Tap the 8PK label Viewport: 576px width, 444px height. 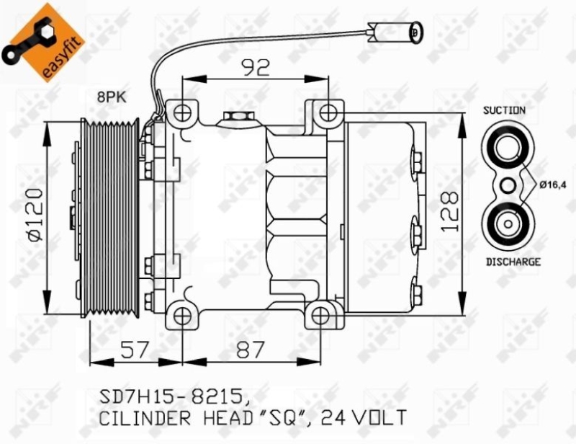click(x=111, y=95)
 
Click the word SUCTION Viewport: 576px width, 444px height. click(x=504, y=110)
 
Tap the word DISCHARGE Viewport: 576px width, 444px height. click(x=512, y=262)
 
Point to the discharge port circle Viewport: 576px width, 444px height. click(x=508, y=223)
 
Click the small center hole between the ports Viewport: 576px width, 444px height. click(x=508, y=185)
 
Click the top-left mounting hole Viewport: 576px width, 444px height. click(x=182, y=112)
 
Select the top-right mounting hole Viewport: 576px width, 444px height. click(x=328, y=112)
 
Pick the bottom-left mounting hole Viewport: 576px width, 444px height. click(x=182, y=316)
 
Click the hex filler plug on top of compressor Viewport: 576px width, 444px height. click(x=235, y=117)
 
